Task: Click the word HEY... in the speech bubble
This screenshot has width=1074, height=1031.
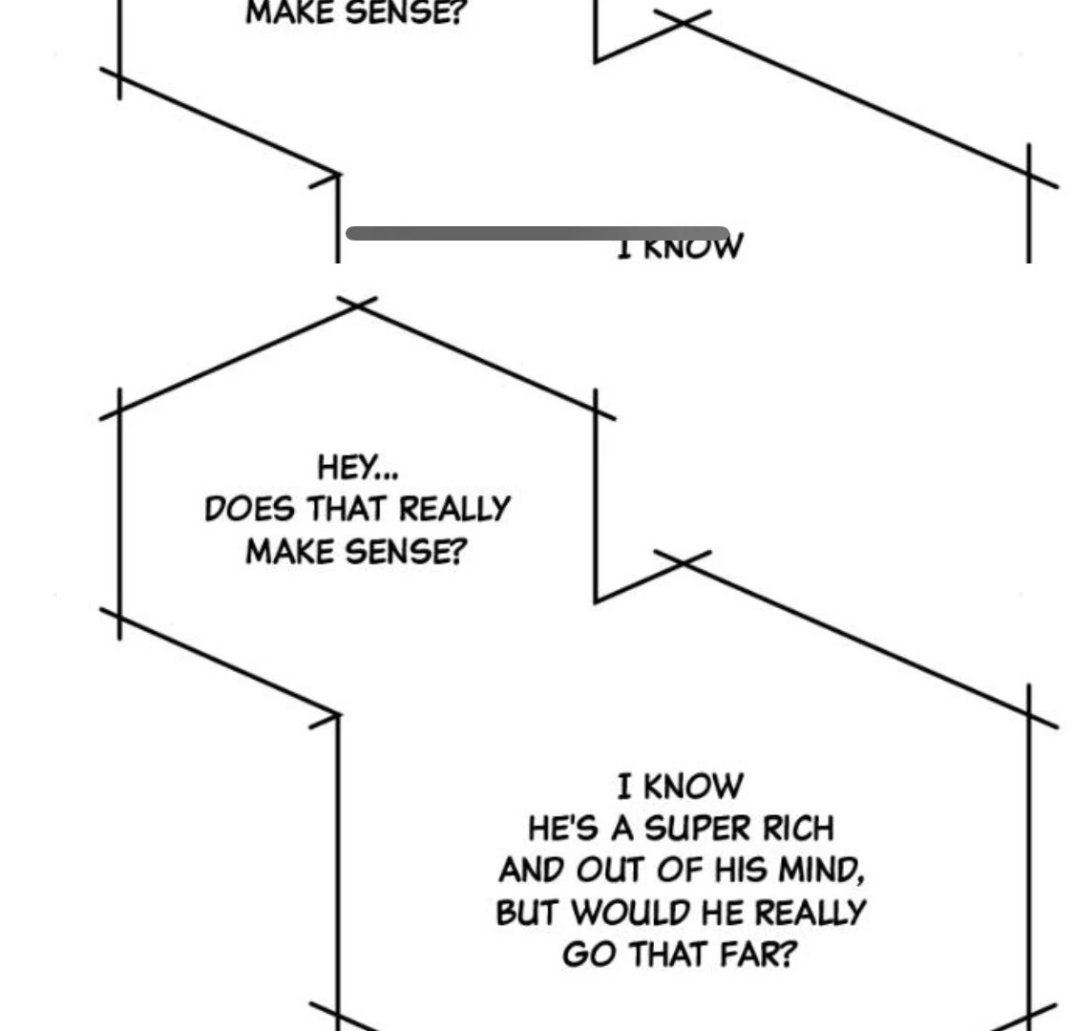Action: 358,468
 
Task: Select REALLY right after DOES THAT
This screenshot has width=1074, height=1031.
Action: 453,510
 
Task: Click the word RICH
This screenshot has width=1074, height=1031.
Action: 798,828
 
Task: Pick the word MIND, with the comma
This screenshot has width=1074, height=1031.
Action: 822,870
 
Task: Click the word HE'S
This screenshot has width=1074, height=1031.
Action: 562,828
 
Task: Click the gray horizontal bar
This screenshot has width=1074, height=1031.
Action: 537,233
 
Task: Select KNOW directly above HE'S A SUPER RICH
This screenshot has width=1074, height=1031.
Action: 694,787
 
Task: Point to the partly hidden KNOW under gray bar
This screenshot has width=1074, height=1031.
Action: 694,248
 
